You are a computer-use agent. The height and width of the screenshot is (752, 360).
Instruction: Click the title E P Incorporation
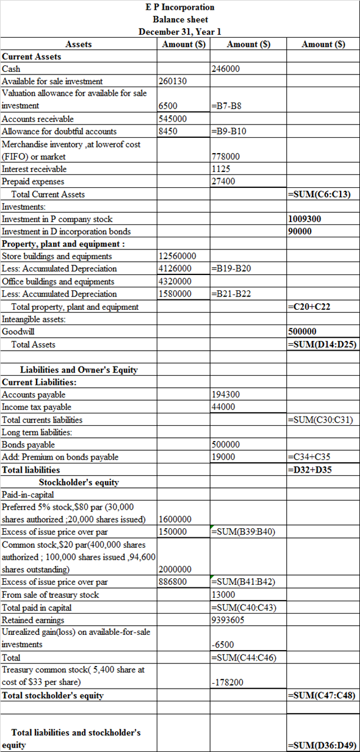coord(180,7)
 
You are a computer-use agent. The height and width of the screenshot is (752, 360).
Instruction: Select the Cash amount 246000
coord(226,69)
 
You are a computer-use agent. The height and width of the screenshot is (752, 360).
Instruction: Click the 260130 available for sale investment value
coord(173,81)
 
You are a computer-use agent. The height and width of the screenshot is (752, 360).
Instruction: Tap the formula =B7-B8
coord(226,106)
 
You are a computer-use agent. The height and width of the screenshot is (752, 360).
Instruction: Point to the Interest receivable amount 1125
coord(220,169)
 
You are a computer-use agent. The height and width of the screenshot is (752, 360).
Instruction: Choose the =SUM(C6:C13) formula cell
coord(321,195)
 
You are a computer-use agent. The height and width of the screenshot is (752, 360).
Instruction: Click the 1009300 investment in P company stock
coord(304,219)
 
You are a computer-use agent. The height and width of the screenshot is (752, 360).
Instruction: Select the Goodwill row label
coord(18,332)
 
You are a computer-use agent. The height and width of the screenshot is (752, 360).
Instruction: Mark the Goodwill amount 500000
coord(302,332)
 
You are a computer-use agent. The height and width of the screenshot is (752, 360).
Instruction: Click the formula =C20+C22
coord(309,307)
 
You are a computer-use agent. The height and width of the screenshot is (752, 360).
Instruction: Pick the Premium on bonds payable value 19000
coord(223,457)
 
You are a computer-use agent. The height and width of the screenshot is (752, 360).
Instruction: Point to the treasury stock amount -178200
coord(227,682)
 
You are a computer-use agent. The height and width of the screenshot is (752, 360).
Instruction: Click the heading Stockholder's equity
coord(79,482)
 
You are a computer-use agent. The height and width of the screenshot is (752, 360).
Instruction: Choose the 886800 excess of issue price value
coord(173,582)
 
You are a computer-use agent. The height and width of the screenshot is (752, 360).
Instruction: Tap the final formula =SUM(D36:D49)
coord(321,745)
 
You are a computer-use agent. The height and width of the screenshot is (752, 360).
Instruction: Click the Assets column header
coord(79,44)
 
